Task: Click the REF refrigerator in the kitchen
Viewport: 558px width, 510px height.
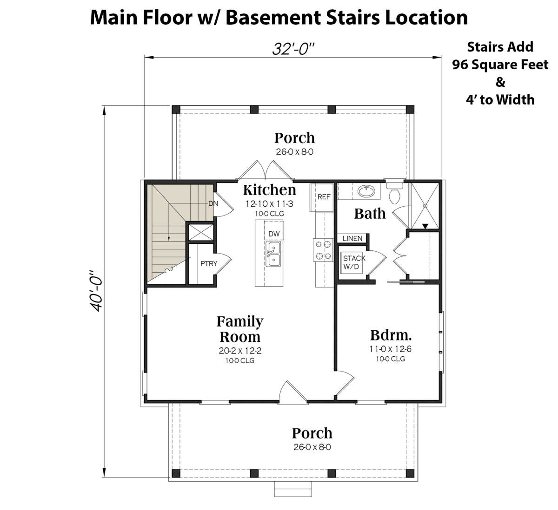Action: pyautogui.click(x=322, y=197)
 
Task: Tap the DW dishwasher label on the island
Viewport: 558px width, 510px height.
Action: pyautogui.click(x=274, y=234)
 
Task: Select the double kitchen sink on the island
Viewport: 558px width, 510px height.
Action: pyautogui.click(x=273, y=254)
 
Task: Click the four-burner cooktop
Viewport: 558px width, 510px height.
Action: pyautogui.click(x=323, y=250)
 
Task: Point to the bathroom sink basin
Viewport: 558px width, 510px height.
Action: pyautogui.click(x=366, y=191)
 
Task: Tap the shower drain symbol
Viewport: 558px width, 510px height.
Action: pyautogui.click(x=425, y=206)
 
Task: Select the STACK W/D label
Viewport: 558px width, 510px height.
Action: pyautogui.click(x=354, y=262)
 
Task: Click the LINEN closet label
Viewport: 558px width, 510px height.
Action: pyautogui.click(x=352, y=238)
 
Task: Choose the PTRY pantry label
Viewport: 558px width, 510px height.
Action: pyautogui.click(x=209, y=263)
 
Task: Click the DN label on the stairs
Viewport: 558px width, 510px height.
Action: pyautogui.click(x=213, y=203)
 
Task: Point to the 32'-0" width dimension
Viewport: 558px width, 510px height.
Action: pyautogui.click(x=293, y=49)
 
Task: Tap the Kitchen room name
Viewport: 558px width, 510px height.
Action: pyautogui.click(x=270, y=190)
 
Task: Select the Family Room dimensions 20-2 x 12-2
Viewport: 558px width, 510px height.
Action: pyautogui.click(x=240, y=351)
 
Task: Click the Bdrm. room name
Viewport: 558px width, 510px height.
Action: pyautogui.click(x=391, y=335)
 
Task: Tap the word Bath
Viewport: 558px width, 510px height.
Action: pyautogui.click(x=370, y=214)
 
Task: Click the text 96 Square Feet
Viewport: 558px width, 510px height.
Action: pyautogui.click(x=500, y=65)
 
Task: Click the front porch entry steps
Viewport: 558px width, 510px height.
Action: pyautogui.click(x=293, y=489)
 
